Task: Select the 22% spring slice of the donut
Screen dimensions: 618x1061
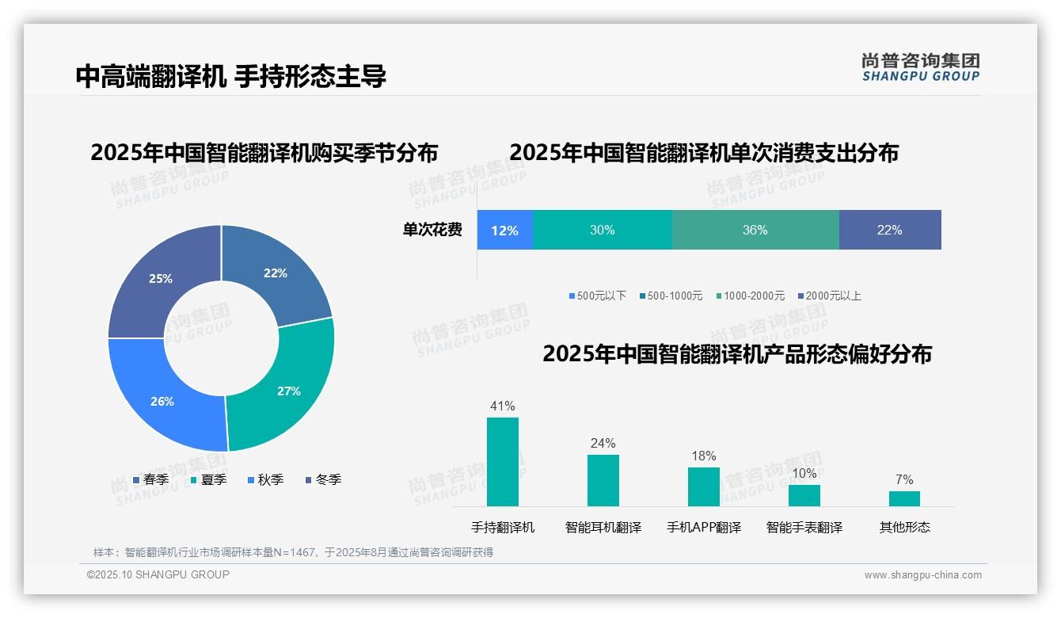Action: coord(277,274)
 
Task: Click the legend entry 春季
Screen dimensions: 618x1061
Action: coord(150,479)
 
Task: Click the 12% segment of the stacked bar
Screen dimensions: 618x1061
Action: coord(504,231)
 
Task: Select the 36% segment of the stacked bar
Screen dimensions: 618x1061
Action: coord(755,231)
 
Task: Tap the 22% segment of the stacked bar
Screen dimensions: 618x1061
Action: coord(889,231)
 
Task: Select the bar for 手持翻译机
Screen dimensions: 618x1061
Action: coord(503,461)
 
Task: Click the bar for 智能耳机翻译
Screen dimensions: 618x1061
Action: coord(603,480)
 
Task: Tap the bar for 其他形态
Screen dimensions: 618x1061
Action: coord(904,498)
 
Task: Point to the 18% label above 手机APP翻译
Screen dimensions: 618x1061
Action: coord(703,456)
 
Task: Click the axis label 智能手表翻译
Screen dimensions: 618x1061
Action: coord(804,527)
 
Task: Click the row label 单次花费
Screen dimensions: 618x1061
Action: coord(432,231)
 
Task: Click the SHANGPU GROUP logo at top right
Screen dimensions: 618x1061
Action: coord(920,67)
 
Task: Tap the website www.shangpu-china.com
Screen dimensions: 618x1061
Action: coord(922,575)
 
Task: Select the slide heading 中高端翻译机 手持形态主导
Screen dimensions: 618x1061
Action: coord(231,76)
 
